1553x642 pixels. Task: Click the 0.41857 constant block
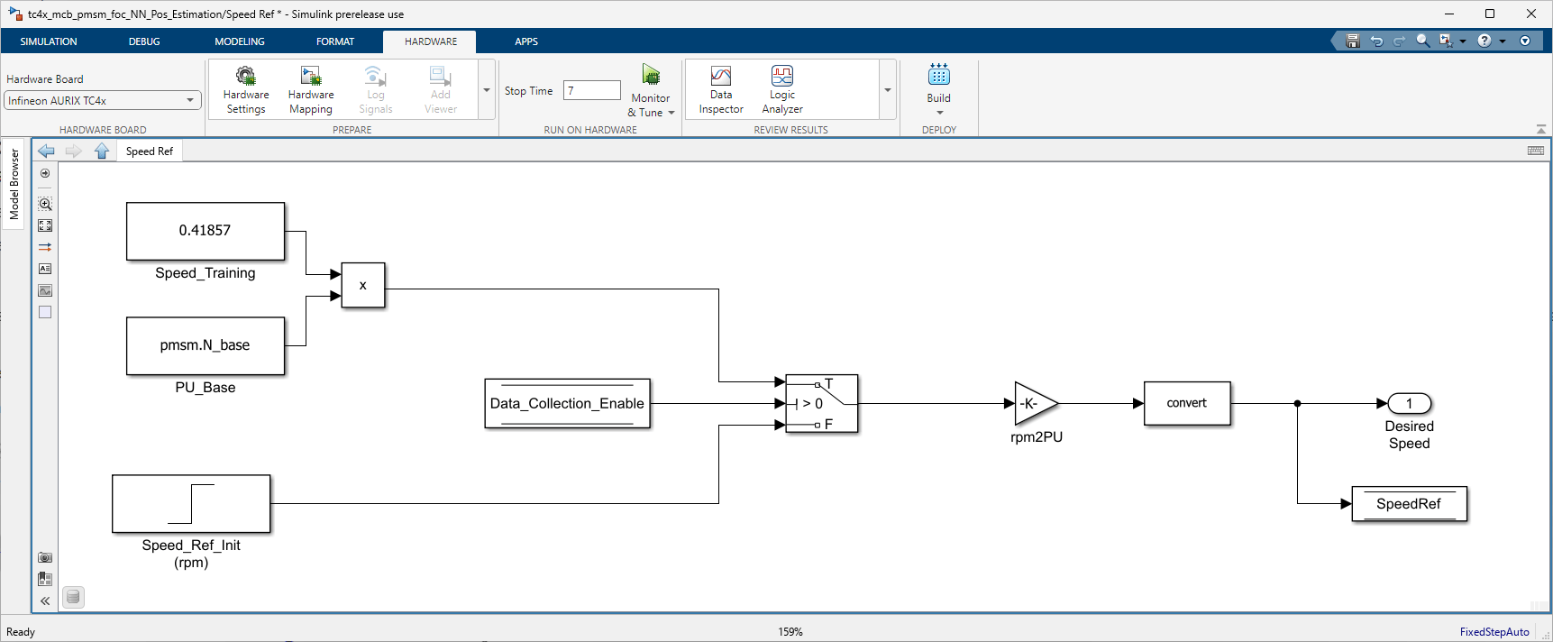[x=206, y=231]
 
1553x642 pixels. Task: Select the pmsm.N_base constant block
[x=206, y=345]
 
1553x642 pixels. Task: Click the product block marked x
[x=363, y=285]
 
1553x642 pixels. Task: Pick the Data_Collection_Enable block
[x=567, y=403]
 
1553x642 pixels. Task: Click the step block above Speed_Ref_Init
[x=191, y=504]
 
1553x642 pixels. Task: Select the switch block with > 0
[x=821, y=403]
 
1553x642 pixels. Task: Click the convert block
[x=1187, y=403]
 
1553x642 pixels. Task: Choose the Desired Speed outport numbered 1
[x=1410, y=403]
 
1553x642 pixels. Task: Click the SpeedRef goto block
[x=1410, y=504]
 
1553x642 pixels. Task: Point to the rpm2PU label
[x=1037, y=437]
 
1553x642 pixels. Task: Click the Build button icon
[x=939, y=75]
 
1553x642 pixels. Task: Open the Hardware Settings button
[x=246, y=90]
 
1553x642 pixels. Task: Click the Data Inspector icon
[x=721, y=76]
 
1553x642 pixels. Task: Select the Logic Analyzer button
[x=782, y=90]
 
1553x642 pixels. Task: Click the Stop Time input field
[x=592, y=90]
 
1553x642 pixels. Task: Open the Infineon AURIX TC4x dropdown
[x=102, y=100]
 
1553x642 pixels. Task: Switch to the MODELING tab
[x=240, y=41]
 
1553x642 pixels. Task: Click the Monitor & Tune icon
[x=651, y=74]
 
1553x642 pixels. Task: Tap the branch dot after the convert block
[x=1297, y=403]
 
